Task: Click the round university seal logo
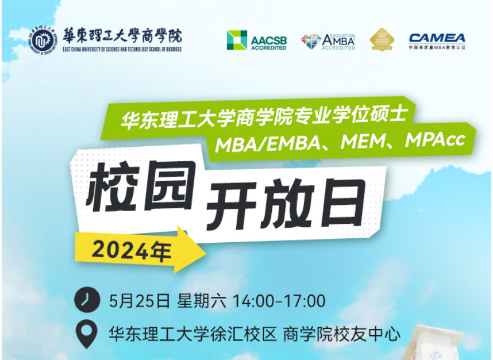[x=42, y=41]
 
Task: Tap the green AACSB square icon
[x=237, y=40]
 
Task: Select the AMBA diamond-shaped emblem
[x=311, y=41]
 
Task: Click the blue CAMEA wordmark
[x=437, y=38]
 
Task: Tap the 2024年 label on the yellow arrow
[x=131, y=252]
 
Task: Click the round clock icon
[x=86, y=300]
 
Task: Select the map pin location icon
[x=86, y=333]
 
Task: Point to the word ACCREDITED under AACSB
[x=269, y=48]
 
